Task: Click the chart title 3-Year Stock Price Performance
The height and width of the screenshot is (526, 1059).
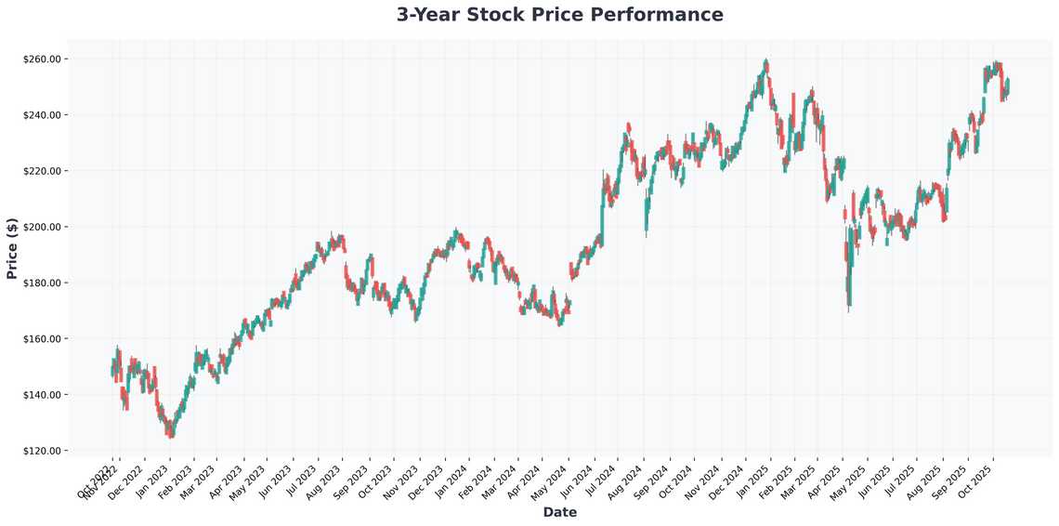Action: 559,15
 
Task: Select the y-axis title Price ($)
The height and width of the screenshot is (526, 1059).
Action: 12,248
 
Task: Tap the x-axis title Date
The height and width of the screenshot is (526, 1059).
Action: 559,512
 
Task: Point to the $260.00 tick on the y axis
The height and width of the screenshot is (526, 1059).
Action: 41,59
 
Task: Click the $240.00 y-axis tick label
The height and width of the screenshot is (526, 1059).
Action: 41,115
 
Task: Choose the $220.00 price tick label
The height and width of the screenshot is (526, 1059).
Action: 41,171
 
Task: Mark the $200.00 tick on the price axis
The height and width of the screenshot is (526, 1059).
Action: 41,227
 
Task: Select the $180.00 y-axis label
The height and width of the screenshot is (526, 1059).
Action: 41,283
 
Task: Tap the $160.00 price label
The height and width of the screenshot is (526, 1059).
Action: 41,339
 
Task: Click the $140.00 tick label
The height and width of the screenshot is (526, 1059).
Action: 41,395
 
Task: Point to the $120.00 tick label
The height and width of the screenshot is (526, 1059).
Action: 41,451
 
